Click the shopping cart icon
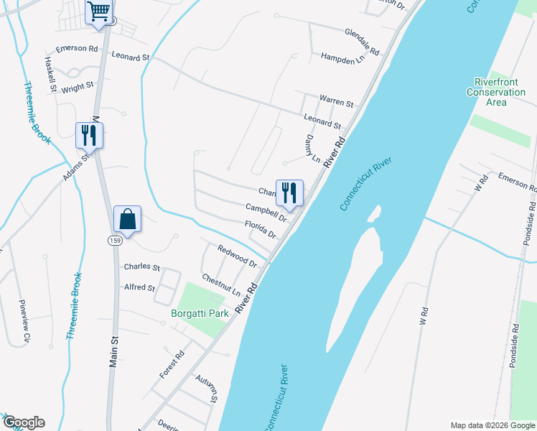[98, 12]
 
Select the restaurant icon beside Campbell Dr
[289, 193]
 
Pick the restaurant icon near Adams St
[89, 134]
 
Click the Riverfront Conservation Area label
[495, 92]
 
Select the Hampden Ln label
[342, 57]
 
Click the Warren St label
[336, 100]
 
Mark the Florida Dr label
[260, 230]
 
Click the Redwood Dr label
[237, 254]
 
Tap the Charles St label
[141, 267]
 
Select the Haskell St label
[50, 75]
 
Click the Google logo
[23, 422]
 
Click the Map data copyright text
[492, 425]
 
